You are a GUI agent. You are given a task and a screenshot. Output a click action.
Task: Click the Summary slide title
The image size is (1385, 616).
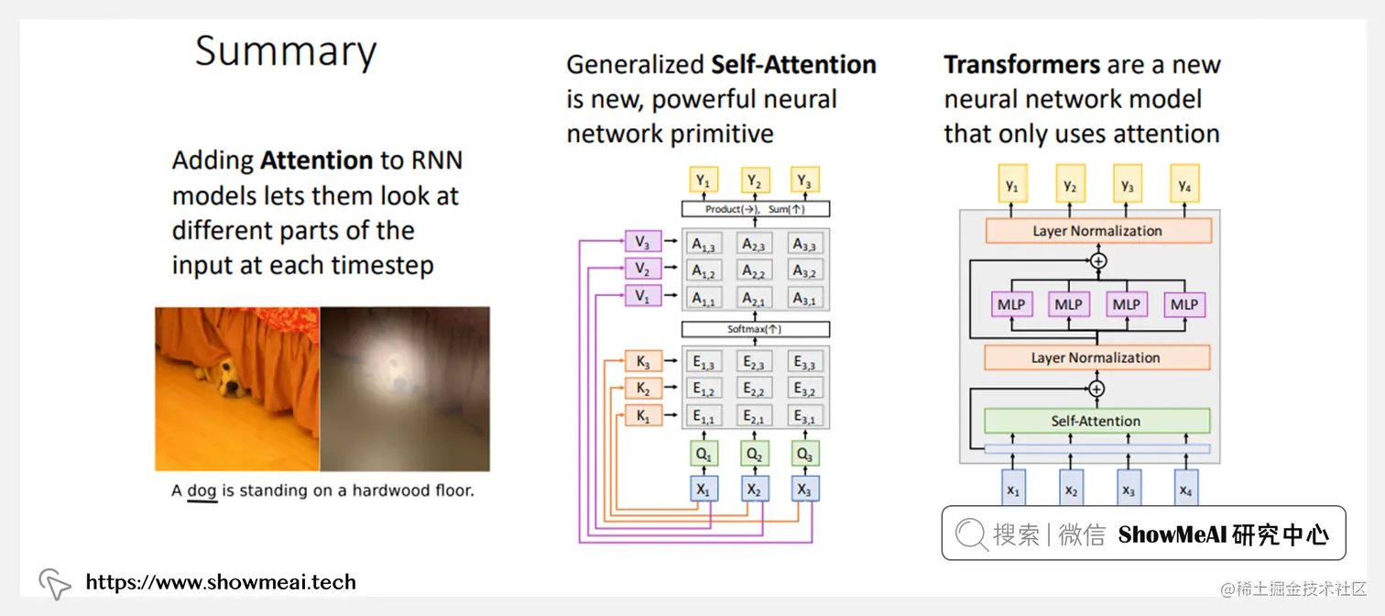point(285,51)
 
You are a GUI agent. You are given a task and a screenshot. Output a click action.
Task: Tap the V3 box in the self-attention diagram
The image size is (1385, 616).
point(642,243)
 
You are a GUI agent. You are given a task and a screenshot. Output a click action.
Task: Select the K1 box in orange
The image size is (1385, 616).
point(642,416)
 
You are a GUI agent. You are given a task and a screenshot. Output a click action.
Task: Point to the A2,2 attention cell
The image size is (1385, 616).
point(754,271)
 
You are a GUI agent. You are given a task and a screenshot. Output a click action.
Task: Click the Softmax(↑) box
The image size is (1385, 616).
point(755,329)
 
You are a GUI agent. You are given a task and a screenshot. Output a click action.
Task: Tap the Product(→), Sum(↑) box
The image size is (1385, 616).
point(755,209)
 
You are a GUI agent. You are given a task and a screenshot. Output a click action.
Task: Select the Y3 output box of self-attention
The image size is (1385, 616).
point(804,181)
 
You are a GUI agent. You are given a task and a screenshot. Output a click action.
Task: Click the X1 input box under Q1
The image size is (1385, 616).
point(703,489)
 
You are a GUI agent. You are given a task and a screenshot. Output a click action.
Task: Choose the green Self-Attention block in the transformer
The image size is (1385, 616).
point(1096,421)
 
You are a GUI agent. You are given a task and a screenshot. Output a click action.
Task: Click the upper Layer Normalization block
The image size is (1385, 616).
point(1096,231)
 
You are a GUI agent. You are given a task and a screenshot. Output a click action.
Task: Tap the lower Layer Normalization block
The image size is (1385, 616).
point(1096,357)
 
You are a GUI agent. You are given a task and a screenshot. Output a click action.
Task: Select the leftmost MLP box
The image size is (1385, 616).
point(1010,304)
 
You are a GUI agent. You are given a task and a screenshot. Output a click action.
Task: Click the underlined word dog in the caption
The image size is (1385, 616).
point(202,491)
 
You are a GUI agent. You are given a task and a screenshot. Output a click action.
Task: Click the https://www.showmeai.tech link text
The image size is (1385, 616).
point(220,582)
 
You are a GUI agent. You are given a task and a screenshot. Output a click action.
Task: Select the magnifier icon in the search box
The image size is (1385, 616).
point(971,534)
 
